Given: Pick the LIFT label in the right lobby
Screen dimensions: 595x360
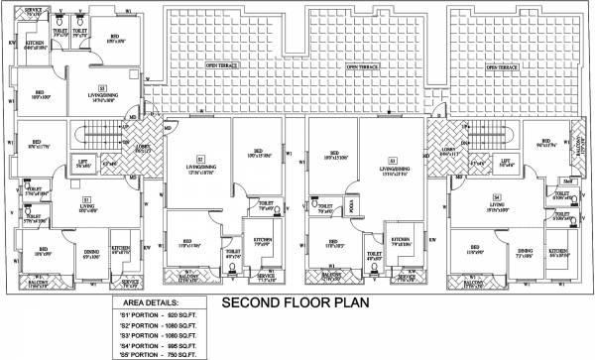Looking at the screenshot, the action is click(505, 160).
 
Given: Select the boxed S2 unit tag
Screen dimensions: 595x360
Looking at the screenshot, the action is click(198, 159).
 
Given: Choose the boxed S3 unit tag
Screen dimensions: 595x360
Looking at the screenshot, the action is click(392, 159).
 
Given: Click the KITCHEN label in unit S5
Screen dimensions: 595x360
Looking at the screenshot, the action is click(33, 44).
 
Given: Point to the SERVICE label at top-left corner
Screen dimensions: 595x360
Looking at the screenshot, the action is click(33, 12).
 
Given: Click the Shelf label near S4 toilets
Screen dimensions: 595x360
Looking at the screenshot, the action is click(567, 181).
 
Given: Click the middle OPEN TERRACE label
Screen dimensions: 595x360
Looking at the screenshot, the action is click(358, 67).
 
